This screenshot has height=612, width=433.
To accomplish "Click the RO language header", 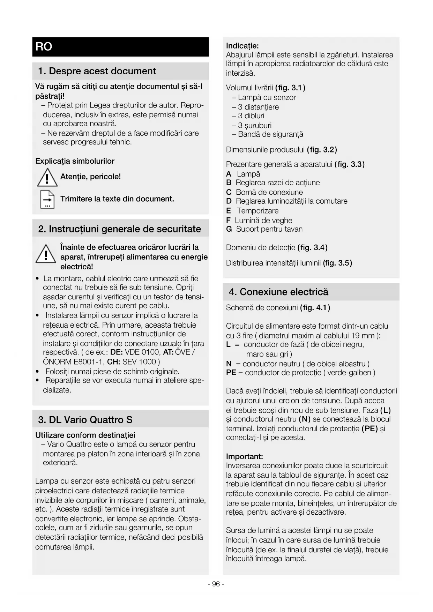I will coord(44,47).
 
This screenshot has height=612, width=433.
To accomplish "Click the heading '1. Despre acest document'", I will coord(97,71).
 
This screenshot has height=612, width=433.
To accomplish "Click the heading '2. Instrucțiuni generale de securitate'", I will coord(119,229).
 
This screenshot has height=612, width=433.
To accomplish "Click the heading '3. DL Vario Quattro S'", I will coord(85,420).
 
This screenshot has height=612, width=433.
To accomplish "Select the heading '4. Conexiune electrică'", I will coord(278,292).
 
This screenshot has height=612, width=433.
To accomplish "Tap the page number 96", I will coord(216,584).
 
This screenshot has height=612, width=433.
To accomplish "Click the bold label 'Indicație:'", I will coord(242,46).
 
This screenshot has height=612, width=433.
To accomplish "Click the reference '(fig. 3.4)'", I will coord(312,248).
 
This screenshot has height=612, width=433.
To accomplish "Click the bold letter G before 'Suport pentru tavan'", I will coord(229,229).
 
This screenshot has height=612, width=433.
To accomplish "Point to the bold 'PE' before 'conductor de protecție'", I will coord(231,373).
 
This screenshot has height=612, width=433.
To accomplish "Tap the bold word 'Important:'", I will coord(244,456).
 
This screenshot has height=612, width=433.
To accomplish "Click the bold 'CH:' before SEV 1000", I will coord(114,362).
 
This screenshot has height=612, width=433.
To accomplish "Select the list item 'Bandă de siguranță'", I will coord(270,135).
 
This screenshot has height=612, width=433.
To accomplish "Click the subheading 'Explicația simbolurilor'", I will coord(75,161).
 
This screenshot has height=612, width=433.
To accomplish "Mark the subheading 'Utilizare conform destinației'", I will coord(85,435).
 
